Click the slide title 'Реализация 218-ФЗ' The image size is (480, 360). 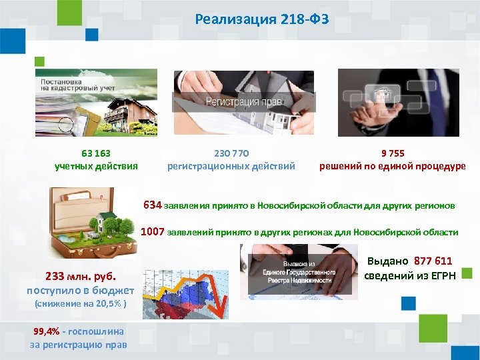point(262,19)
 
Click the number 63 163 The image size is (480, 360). point(96,153)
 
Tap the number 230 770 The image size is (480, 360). point(231,153)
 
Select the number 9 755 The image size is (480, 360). point(393,153)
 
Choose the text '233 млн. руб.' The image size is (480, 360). point(80,276)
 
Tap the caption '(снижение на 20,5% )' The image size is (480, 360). point(75,304)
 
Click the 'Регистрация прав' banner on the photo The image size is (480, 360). point(243,102)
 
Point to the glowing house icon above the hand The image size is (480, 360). point(383,95)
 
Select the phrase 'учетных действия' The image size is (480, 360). point(96,166)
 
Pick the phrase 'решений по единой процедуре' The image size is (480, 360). point(393,166)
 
